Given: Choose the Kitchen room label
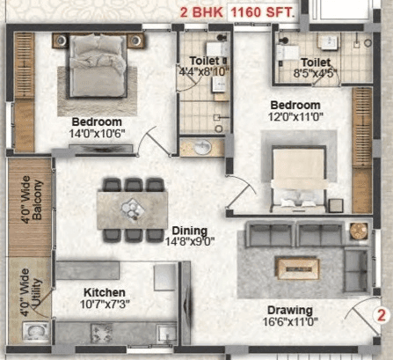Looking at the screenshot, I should click(105, 292).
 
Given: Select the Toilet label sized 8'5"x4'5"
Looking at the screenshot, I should click(314, 62).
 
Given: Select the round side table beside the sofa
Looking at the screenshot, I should click(357, 231).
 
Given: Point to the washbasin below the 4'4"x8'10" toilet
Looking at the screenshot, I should click(201, 148).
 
